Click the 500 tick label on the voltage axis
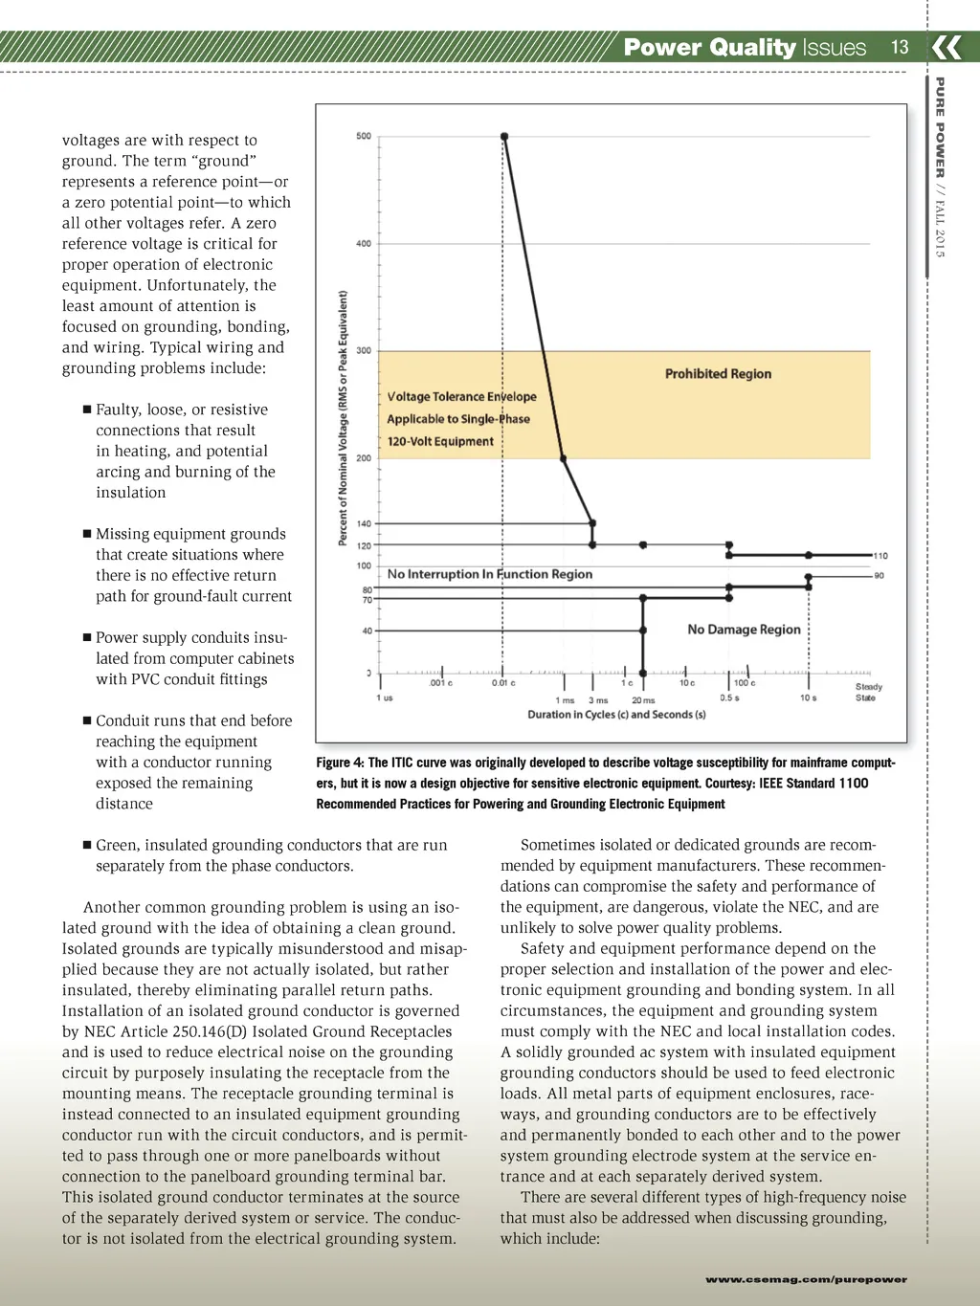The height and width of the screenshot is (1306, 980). click(364, 137)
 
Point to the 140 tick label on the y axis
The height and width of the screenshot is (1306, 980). click(364, 524)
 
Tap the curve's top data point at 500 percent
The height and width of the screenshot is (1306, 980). click(504, 137)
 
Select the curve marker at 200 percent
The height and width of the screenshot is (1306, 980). click(564, 459)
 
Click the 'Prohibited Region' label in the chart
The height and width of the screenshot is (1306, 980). click(718, 374)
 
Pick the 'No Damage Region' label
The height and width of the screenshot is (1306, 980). click(744, 630)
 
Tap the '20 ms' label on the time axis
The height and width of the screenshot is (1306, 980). click(643, 700)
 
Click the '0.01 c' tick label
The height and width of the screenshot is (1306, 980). click(503, 683)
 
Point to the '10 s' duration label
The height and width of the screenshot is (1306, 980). click(809, 698)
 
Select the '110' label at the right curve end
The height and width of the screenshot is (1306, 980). click(880, 556)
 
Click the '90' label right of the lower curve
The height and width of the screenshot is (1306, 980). click(880, 576)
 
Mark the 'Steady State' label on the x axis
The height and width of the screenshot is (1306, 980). click(868, 693)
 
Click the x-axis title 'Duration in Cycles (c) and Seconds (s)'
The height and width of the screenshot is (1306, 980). click(616, 715)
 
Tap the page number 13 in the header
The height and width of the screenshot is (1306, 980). click(900, 47)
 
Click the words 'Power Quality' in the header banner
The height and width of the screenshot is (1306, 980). click(709, 47)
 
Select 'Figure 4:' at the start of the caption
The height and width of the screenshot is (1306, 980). click(340, 763)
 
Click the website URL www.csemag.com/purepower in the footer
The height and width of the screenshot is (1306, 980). click(806, 1279)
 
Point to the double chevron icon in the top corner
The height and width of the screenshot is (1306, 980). click(947, 47)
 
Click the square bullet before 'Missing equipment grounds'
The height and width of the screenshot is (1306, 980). click(87, 534)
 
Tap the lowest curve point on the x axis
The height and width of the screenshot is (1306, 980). click(643, 674)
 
